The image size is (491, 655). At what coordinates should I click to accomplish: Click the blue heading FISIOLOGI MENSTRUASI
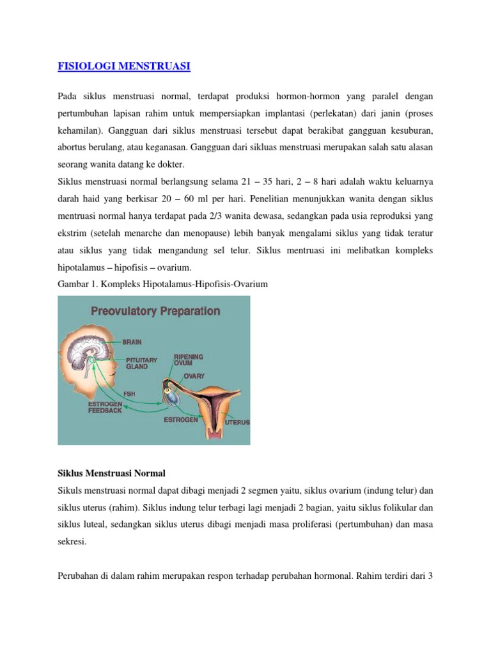click(124, 66)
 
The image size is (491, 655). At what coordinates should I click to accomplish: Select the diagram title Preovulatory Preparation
click(155, 312)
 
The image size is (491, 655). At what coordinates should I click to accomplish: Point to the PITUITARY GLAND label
click(141, 363)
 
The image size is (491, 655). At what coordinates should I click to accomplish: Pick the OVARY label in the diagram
click(194, 376)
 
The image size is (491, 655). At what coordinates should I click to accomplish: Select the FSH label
click(129, 393)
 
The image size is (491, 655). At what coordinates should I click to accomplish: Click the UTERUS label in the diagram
click(237, 423)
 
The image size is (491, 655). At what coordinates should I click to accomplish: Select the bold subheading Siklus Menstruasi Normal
click(111, 473)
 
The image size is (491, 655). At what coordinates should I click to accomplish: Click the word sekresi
click(70, 541)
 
